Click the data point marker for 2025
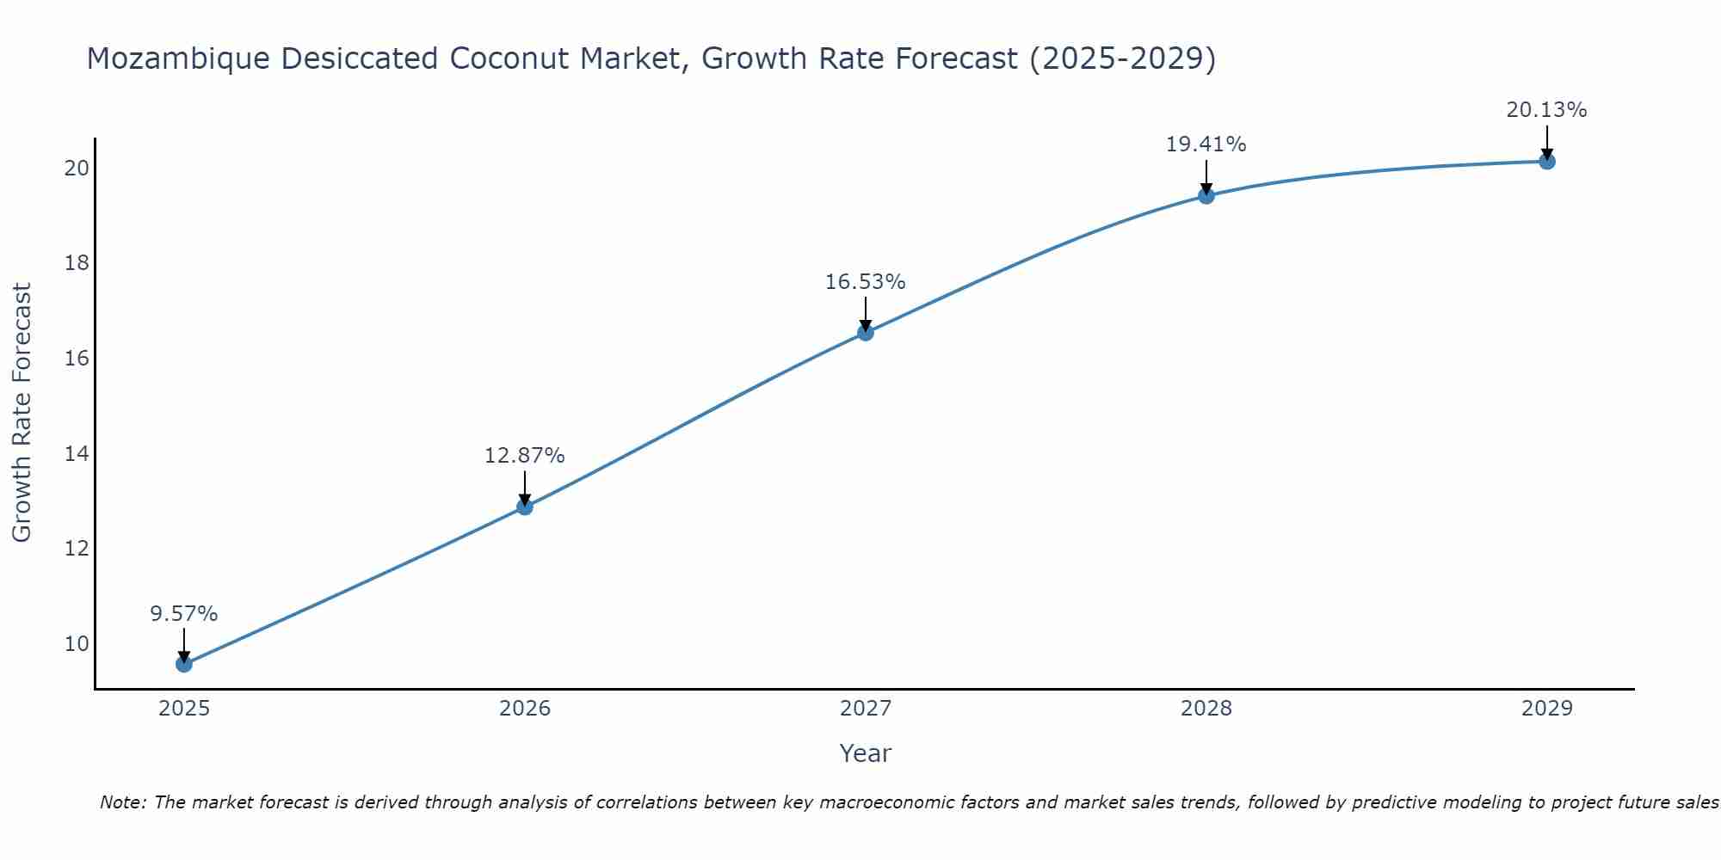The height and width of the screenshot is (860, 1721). (x=184, y=664)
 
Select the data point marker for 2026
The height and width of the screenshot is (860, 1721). (x=525, y=507)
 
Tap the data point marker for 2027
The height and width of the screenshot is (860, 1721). (x=866, y=333)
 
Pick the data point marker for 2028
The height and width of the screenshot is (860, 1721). (x=1206, y=196)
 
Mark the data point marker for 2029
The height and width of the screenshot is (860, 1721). (x=1546, y=162)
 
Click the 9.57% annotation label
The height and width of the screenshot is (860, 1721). (x=184, y=614)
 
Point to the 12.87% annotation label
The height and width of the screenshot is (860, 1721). (x=525, y=456)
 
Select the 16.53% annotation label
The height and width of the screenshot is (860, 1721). (x=866, y=282)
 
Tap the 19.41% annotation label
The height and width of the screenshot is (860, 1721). (x=1206, y=144)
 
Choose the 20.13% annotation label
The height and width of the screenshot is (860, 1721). (x=1546, y=110)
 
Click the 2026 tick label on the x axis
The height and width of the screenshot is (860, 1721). (x=525, y=709)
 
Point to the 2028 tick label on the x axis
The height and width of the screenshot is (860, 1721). (x=1206, y=709)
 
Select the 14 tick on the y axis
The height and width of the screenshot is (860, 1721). (x=77, y=453)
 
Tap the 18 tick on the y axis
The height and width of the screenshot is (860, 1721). (x=77, y=263)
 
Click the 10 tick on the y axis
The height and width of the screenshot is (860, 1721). (x=77, y=644)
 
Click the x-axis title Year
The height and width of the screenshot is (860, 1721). (x=866, y=753)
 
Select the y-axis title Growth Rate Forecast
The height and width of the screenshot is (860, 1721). (x=22, y=413)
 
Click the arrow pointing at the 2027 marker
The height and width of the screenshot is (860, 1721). (x=866, y=315)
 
